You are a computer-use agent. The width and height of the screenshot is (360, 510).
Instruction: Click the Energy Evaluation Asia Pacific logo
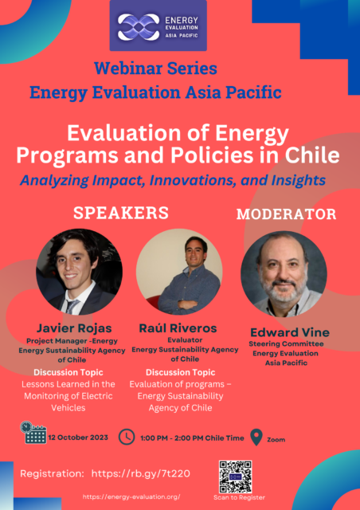click(x=158, y=25)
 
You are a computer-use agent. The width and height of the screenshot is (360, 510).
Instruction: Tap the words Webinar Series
click(x=156, y=69)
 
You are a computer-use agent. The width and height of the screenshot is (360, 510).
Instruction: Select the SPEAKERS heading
click(x=121, y=213)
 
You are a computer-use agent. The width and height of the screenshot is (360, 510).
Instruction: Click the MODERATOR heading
click(x=286, y=214)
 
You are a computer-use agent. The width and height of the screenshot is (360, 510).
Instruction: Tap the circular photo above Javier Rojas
click(x=80, y=272)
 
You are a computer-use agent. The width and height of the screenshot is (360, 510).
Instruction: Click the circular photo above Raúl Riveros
click(x=179, y=272)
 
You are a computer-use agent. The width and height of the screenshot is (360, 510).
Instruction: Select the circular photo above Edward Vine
click(x=284, y=274)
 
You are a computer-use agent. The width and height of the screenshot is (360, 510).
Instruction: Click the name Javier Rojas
click(x=74, y=328)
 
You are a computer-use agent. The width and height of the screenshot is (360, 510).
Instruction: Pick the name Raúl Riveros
click(x=178, y=328)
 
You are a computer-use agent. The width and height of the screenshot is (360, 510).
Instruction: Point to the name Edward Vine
click(x=290, y=332)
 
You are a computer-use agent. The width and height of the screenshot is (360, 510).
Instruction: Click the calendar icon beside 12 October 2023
click(x=33, y=433)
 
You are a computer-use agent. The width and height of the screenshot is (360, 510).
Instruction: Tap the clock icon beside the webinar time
click(x=127, y=437)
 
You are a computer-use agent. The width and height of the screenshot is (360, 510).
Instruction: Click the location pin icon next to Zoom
click(x=256, y=437)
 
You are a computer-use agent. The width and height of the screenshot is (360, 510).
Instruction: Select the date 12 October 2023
click(x=78, y=437)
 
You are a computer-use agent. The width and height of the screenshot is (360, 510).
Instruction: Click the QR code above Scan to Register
click(x=236, y=477)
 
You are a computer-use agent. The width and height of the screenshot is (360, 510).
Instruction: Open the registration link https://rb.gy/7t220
click(x=141, y=473)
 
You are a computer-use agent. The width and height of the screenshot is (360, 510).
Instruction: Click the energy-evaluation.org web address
click(x=131, y=496)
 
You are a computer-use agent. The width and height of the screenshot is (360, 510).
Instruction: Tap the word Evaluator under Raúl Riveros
click(x=185, y=340)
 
